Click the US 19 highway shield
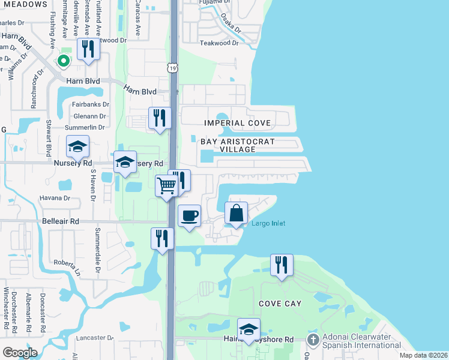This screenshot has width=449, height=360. pyautogui.click(x=173, y=69)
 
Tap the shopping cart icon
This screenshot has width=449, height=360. pyautogui.click(x=166, y=185)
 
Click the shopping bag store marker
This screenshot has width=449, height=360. pyautogui.click(x=237, y=213)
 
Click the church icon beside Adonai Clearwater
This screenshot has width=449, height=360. pyautogui.click(x=312, y=340)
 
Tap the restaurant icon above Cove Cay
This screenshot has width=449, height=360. pyautogui.click(x=282, y=265)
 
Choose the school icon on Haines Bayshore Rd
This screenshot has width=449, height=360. pyautogui.click(x=249, y=329)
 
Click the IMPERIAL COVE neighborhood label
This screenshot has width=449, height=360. pyautogui.click(x=237, y=123)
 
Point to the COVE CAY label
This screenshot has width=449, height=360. pyautogui.click(x=280, y=304)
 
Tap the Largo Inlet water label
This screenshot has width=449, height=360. pyautogui.click(x=268, y=224)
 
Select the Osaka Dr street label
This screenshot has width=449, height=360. pyautogui.click(x=230, y=25)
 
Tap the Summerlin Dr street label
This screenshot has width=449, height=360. pyautogui.click(x=85, y=127)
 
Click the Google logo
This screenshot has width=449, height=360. pyautogui.click(x=20, y=352)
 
